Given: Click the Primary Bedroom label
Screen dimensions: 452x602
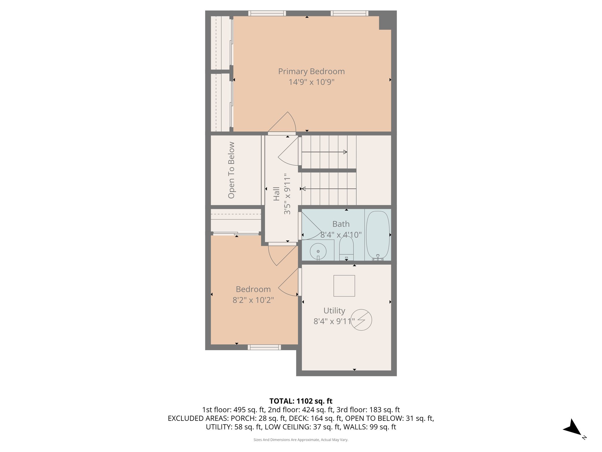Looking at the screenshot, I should (x=311, y=72).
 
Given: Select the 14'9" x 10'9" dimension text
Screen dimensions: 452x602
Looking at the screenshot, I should (x=311, y=82).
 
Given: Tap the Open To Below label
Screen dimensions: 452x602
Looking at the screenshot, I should (x=231, y=170).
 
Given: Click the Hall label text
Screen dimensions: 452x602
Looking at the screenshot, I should (x=276, y=194).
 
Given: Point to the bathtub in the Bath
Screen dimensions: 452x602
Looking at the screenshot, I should (x=378, y=235).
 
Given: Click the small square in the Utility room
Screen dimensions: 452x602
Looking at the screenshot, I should (x=344, y=286).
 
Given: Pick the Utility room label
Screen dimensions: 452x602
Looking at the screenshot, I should (x=334, y=311).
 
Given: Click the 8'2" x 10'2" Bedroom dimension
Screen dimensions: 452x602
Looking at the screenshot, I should (x=253, y=300).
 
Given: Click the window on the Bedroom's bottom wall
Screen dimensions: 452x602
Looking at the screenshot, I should (x=264, y=347).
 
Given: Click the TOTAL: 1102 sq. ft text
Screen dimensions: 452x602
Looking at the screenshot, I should (x=301, y=401).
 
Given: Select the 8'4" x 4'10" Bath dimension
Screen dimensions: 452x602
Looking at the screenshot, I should (x=341, y=235).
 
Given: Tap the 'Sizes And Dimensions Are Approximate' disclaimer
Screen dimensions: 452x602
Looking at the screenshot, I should (x=301, y=440).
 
